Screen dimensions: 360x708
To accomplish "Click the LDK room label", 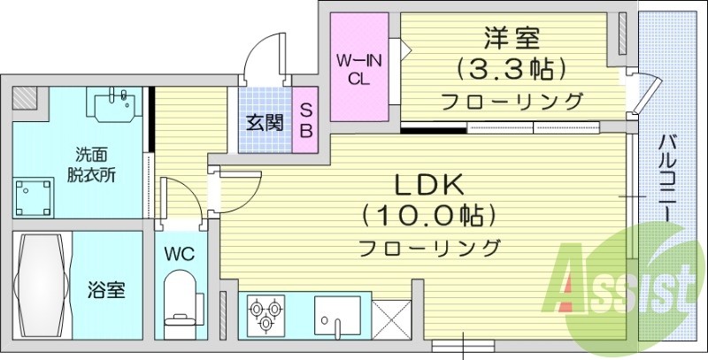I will (x=429, y=184).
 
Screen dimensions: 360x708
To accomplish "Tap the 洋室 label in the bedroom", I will (x=512, y=38).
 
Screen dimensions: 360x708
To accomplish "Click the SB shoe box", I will (x=305, y=118).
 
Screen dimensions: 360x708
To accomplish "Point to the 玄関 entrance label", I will (x=265, y=121).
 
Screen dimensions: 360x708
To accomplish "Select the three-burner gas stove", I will (x=265, y=314).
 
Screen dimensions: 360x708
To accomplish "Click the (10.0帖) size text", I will (x=429, y=216).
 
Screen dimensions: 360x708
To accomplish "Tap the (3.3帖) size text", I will (x=512, y=67).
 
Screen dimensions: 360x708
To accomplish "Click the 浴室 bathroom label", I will (x=105, y=289).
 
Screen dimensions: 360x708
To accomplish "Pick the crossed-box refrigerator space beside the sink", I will (x=388, y=315).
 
